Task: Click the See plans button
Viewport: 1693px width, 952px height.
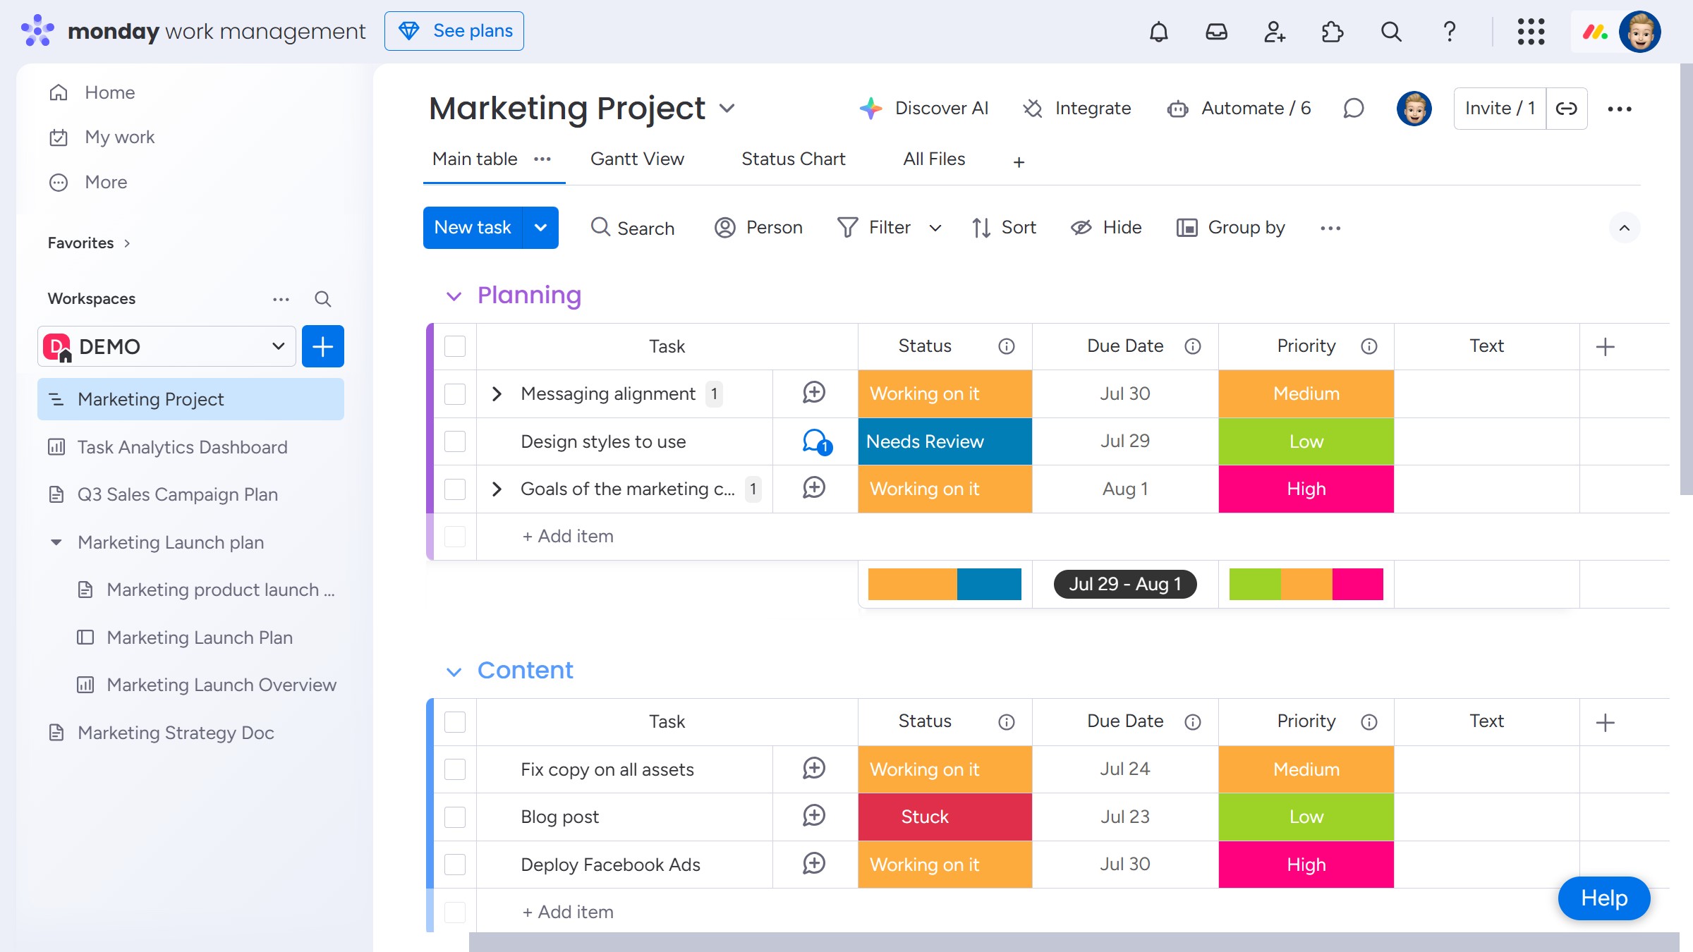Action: click(454, 31)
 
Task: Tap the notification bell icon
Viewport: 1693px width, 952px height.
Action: click(1158, 32)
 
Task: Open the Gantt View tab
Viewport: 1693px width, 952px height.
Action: click(637, 159)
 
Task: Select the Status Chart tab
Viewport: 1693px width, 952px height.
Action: click(793, 159)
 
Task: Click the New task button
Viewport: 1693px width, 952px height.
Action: click(473, 228)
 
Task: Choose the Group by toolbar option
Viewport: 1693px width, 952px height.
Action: click(1231, 228)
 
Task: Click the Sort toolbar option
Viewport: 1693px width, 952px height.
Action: click(1004, 228)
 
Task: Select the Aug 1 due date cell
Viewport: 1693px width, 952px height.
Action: click(1124, 489)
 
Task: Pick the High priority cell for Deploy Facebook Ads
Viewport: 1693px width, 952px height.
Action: click(1306, 865)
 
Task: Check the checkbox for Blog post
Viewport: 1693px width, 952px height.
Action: click(455, 817)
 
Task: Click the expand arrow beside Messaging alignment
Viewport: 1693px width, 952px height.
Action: click(497, 393)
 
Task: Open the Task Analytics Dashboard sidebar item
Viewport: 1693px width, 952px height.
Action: click(182, 447)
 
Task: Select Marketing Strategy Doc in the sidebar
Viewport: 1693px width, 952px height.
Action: click(176, 733)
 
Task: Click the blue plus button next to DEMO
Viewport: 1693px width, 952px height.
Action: click(323, 346)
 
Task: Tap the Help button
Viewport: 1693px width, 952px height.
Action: click(1603, 898)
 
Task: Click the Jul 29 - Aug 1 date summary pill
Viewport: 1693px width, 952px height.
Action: click(1124, 584)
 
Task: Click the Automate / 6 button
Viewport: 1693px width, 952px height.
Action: click(1239, 108)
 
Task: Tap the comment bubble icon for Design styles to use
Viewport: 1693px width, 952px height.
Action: click(815, 441)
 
